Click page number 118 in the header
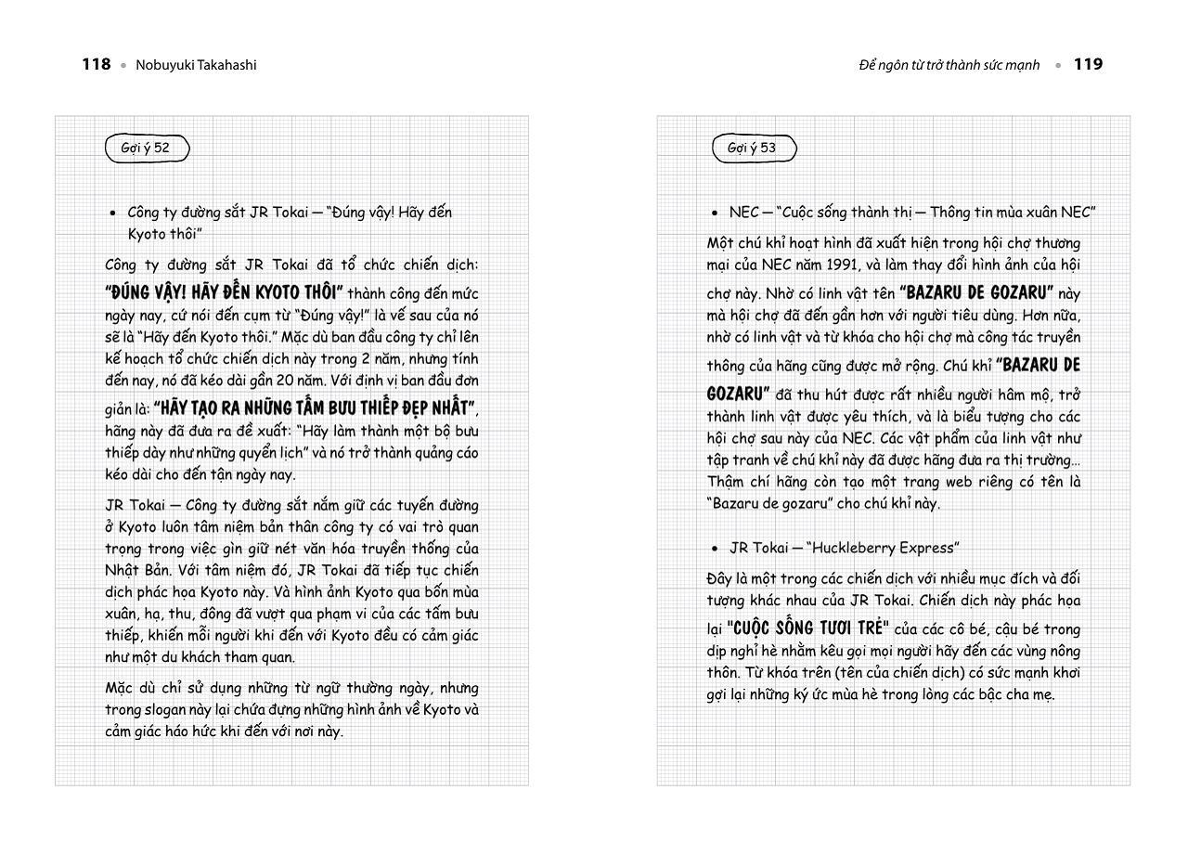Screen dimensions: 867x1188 click(96, 64)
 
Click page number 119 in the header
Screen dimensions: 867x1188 click(1088, 64)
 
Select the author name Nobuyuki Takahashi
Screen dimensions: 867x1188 click(196, 65)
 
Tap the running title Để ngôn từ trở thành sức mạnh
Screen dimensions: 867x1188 click(949, 65)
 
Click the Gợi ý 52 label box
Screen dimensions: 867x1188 click(146, 148)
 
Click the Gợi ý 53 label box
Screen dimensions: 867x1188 click(753, 148)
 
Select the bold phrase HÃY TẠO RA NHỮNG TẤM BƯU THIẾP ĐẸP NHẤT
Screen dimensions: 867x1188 click(316, 408)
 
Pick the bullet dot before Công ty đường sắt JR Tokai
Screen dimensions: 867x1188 click(112, 213)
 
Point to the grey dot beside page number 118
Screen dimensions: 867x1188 click(123, 65)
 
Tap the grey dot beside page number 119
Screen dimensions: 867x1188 click(1057, 65)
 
